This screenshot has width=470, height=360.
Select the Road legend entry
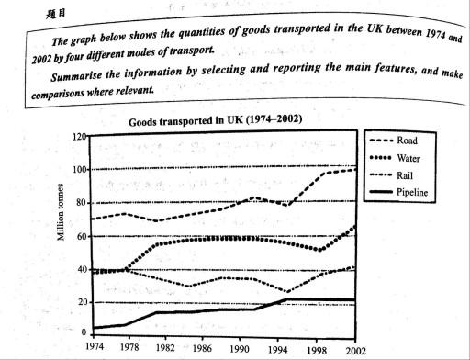click(408, 142)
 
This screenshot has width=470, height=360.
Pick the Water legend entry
click(410, 159)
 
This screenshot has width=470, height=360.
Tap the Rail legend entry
click(408, 175)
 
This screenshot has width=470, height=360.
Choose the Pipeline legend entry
click(416, 192)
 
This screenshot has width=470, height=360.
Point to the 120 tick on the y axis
click(79, 136)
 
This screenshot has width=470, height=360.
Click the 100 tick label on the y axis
click(79, 170)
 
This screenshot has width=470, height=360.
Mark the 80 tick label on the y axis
click(81, 203)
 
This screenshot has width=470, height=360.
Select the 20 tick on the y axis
click(81, 302)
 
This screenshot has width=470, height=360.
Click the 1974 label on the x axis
click(93, 349)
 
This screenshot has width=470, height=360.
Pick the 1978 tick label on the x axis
click(129, 349)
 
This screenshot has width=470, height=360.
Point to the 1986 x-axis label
click(201, 349)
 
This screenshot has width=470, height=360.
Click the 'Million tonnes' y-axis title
click(62, 233)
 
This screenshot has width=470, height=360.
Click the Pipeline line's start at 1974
click(94, 327)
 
